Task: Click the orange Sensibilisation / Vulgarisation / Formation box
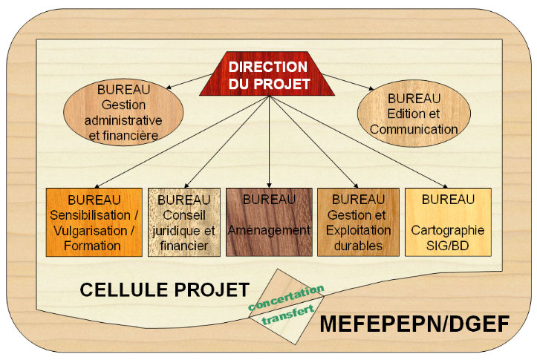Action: coord(94,223)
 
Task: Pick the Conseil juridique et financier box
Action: coord(184,223)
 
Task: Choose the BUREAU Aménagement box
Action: coord(269,223)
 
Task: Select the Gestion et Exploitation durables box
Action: coord(358,223)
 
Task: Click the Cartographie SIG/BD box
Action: coord(447,223)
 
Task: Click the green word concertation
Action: coord(287,296)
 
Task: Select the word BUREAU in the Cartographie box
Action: coord(448,200)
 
